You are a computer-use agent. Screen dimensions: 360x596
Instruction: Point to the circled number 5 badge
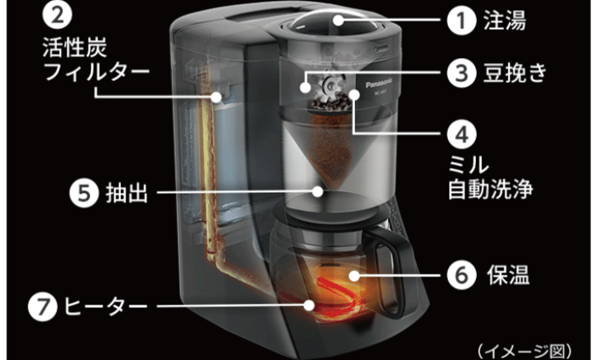(83, 192)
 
